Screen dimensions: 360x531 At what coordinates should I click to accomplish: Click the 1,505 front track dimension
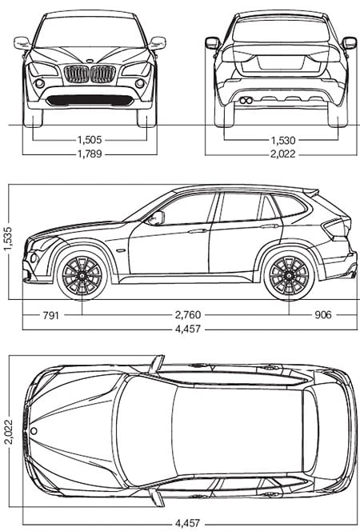click(x=90, y=139)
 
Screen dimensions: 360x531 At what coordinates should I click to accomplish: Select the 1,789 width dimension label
click(x=90, y=154)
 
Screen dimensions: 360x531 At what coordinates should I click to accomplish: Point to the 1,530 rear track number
click(x=282, y=140)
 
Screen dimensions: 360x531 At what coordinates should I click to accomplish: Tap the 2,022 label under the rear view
click(x=282, y=154)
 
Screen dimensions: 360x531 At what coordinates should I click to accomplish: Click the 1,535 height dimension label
click(x=8, y=239)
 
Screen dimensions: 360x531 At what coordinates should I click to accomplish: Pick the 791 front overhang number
click(x=50, y=315)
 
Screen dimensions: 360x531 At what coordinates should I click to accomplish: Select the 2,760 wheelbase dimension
click(x=188, y=315)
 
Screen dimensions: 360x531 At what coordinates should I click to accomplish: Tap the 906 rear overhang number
click(x=323, y=315)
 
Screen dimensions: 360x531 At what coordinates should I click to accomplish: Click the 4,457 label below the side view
click(x=188, y=329)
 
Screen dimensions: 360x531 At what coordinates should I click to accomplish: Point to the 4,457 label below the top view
click(x=188, y=523)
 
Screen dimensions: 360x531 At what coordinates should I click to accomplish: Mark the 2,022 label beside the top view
click(x=8, y=432)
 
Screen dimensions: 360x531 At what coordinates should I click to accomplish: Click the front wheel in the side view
click(x=82, y=275)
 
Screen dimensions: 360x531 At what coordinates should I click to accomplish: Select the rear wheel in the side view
click(x=289, y=275)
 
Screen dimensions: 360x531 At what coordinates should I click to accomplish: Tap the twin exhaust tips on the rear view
click(x=246, y=100)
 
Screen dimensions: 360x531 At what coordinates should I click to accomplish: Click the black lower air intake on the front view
click(x=90, y=100)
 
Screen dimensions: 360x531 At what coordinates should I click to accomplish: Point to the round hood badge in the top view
click(x=34, y=431)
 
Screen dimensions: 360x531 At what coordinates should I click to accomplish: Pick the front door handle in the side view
click(x=198, y=231)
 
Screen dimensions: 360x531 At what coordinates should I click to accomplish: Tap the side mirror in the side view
click(x=158, y=218)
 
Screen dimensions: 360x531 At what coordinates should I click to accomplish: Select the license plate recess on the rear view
click(x=281, y=63)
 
